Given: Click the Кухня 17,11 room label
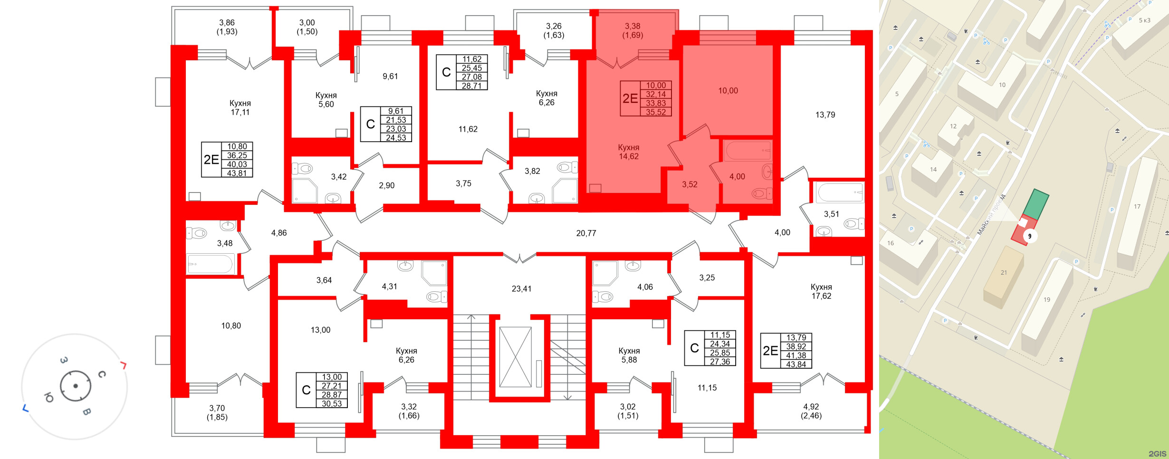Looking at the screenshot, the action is pos(240,108).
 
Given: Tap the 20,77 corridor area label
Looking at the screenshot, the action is pos(586,233).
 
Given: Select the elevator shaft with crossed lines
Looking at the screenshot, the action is pos(516,357).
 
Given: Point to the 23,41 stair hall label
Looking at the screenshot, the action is pos(521,289).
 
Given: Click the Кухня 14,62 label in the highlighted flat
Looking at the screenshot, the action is pos(629,152).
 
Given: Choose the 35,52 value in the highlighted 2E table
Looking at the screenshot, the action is pos(656,112).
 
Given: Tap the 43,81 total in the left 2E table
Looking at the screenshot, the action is pos(237,173).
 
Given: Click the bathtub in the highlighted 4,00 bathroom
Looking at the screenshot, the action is pos(747,151).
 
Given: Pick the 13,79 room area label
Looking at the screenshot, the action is pos(825,115).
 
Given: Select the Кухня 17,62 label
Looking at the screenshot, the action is pos(821,291).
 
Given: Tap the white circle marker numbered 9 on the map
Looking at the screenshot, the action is pos(1030,236).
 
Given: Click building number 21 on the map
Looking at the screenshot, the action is pos(1004,273).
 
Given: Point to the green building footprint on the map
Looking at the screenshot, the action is pos(1035,204).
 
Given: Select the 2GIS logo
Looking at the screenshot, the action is pos(1158,454).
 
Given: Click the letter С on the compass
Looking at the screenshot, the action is pos(102,374).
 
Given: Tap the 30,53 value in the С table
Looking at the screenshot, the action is pos(332,403).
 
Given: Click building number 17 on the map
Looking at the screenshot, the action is pos(1137,207).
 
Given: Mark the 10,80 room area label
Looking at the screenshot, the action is pos(231,326).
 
